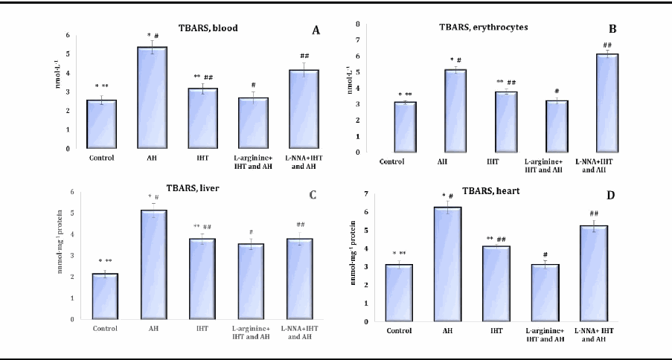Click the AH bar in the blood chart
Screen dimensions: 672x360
click(152, 97)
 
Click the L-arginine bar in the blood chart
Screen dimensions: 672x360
click(253, 123)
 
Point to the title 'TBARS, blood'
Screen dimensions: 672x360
click(208, 29)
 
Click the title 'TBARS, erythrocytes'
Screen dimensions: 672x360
click(483, 28)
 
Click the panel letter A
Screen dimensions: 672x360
click(316, 30)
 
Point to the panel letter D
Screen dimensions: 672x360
click(611, 196)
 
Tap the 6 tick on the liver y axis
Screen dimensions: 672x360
click(73, 192)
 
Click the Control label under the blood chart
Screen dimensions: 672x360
click(101, 158)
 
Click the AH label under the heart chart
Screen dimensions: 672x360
click(448, 331)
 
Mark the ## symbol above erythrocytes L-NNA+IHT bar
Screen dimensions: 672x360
click(607, 45)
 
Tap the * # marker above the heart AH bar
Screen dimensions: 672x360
click(447, 196)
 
